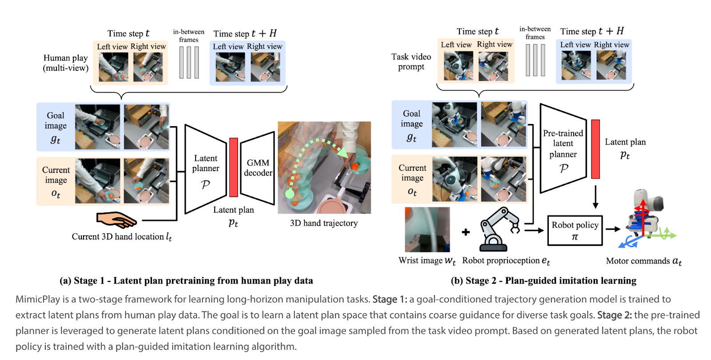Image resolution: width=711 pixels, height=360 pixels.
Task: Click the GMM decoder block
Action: (x=258, y=168)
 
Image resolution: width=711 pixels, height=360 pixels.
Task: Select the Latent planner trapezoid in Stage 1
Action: (x=205, y=169)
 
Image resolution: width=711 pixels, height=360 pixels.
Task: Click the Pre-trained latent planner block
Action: (x=563, y=149)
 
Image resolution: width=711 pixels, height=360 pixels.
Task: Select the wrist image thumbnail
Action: (x=427, y=229)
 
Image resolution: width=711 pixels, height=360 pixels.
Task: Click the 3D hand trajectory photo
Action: (x=324, y=168)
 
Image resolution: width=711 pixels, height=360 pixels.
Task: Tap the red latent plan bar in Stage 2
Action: (x=595, y=149)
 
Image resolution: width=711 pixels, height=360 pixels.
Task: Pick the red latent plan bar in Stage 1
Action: (x=233, y=167)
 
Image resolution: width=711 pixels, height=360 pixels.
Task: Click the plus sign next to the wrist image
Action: (x=466, y=232)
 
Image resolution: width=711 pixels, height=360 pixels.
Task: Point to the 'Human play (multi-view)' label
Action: (x=65, y=63)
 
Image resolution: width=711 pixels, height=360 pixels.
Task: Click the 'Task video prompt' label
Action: (x=411, y=62)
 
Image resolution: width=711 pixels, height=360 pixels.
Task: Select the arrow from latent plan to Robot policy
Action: (x=595, y=197)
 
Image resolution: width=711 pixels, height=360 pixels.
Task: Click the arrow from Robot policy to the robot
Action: (x=613, y=229)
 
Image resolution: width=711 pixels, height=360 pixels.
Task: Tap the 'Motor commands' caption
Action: (x=643, y=261)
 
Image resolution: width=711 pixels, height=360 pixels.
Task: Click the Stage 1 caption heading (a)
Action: (x=186, y=280)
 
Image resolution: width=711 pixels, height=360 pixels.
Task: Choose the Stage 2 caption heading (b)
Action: (x=543, y=280)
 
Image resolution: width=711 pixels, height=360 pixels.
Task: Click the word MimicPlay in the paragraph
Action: (x=37, y=299)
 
